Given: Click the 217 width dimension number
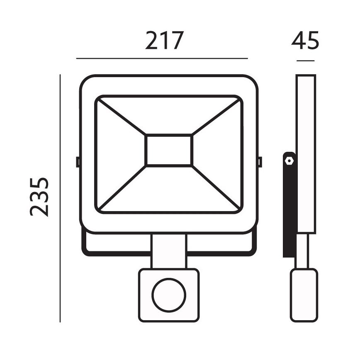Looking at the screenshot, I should point(164,41).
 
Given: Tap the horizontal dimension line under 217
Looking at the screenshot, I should point(162,58).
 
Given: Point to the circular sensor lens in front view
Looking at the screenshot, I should point(169,296).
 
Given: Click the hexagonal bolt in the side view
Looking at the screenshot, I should point(289,160).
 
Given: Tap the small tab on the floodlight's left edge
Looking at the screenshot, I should point(78,161).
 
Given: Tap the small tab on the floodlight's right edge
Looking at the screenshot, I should point(260,161).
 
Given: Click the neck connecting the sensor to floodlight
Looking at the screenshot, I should point(169,251).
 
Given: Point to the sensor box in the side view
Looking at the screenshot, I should point(304,295).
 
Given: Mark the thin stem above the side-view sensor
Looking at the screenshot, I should point(304,251).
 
